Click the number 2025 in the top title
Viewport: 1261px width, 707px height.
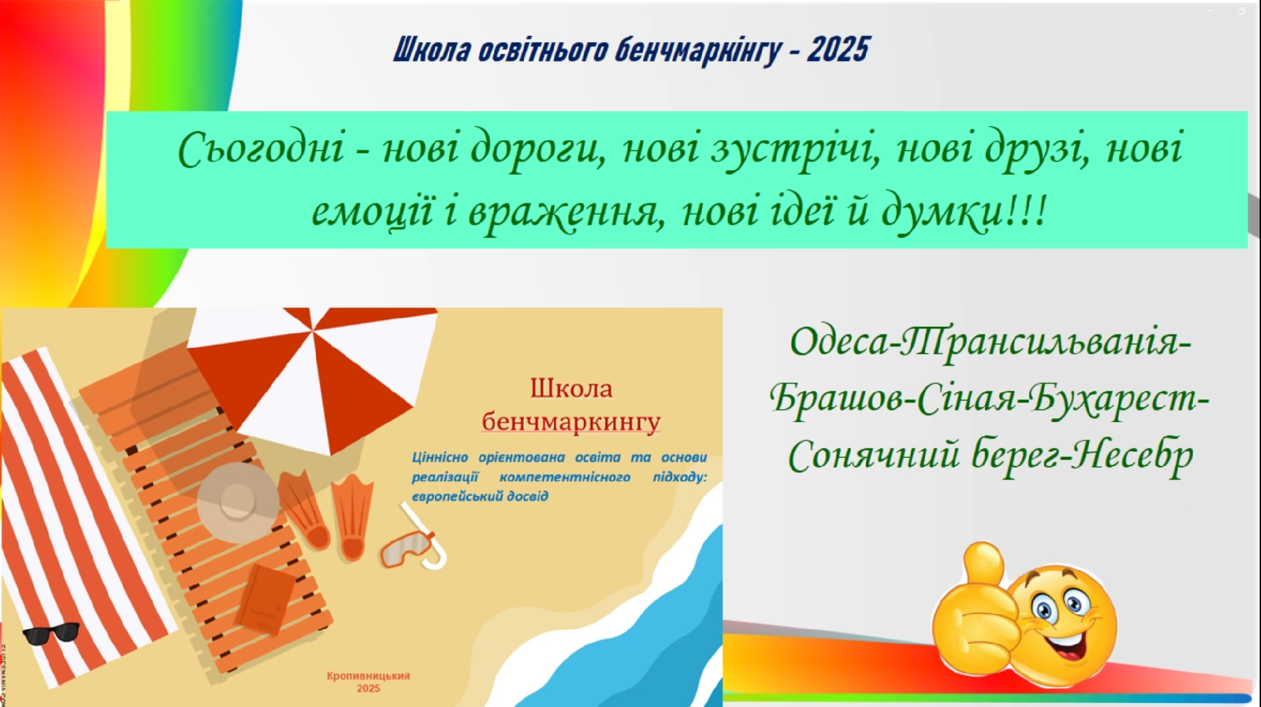coord(838,50)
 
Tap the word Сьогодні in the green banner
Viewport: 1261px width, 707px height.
coord(261,149)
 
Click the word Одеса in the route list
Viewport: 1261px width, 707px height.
coord(839,341)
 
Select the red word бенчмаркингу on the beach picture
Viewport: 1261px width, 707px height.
coord(571,421)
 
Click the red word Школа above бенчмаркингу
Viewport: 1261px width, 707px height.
coord(571,388)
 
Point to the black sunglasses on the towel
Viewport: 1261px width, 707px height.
coord(51,633)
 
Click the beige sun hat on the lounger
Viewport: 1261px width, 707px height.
coord(238,503)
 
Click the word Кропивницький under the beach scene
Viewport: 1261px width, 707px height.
coord(368,676)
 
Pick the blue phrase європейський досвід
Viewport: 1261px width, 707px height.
coord(480,496)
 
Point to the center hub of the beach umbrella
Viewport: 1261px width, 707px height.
coord(312,333)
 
